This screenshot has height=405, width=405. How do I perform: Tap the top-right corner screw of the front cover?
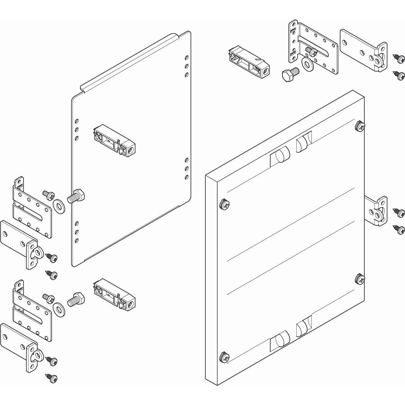[x=360, y=127]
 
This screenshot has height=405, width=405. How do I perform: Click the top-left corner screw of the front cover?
[x=224, y=204]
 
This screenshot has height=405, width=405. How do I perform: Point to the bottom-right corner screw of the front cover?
[x=360, y=279]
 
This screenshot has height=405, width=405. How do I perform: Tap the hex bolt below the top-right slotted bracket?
[x=290, y=73]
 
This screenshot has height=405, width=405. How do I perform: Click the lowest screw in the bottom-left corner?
[x=52, y=378]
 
